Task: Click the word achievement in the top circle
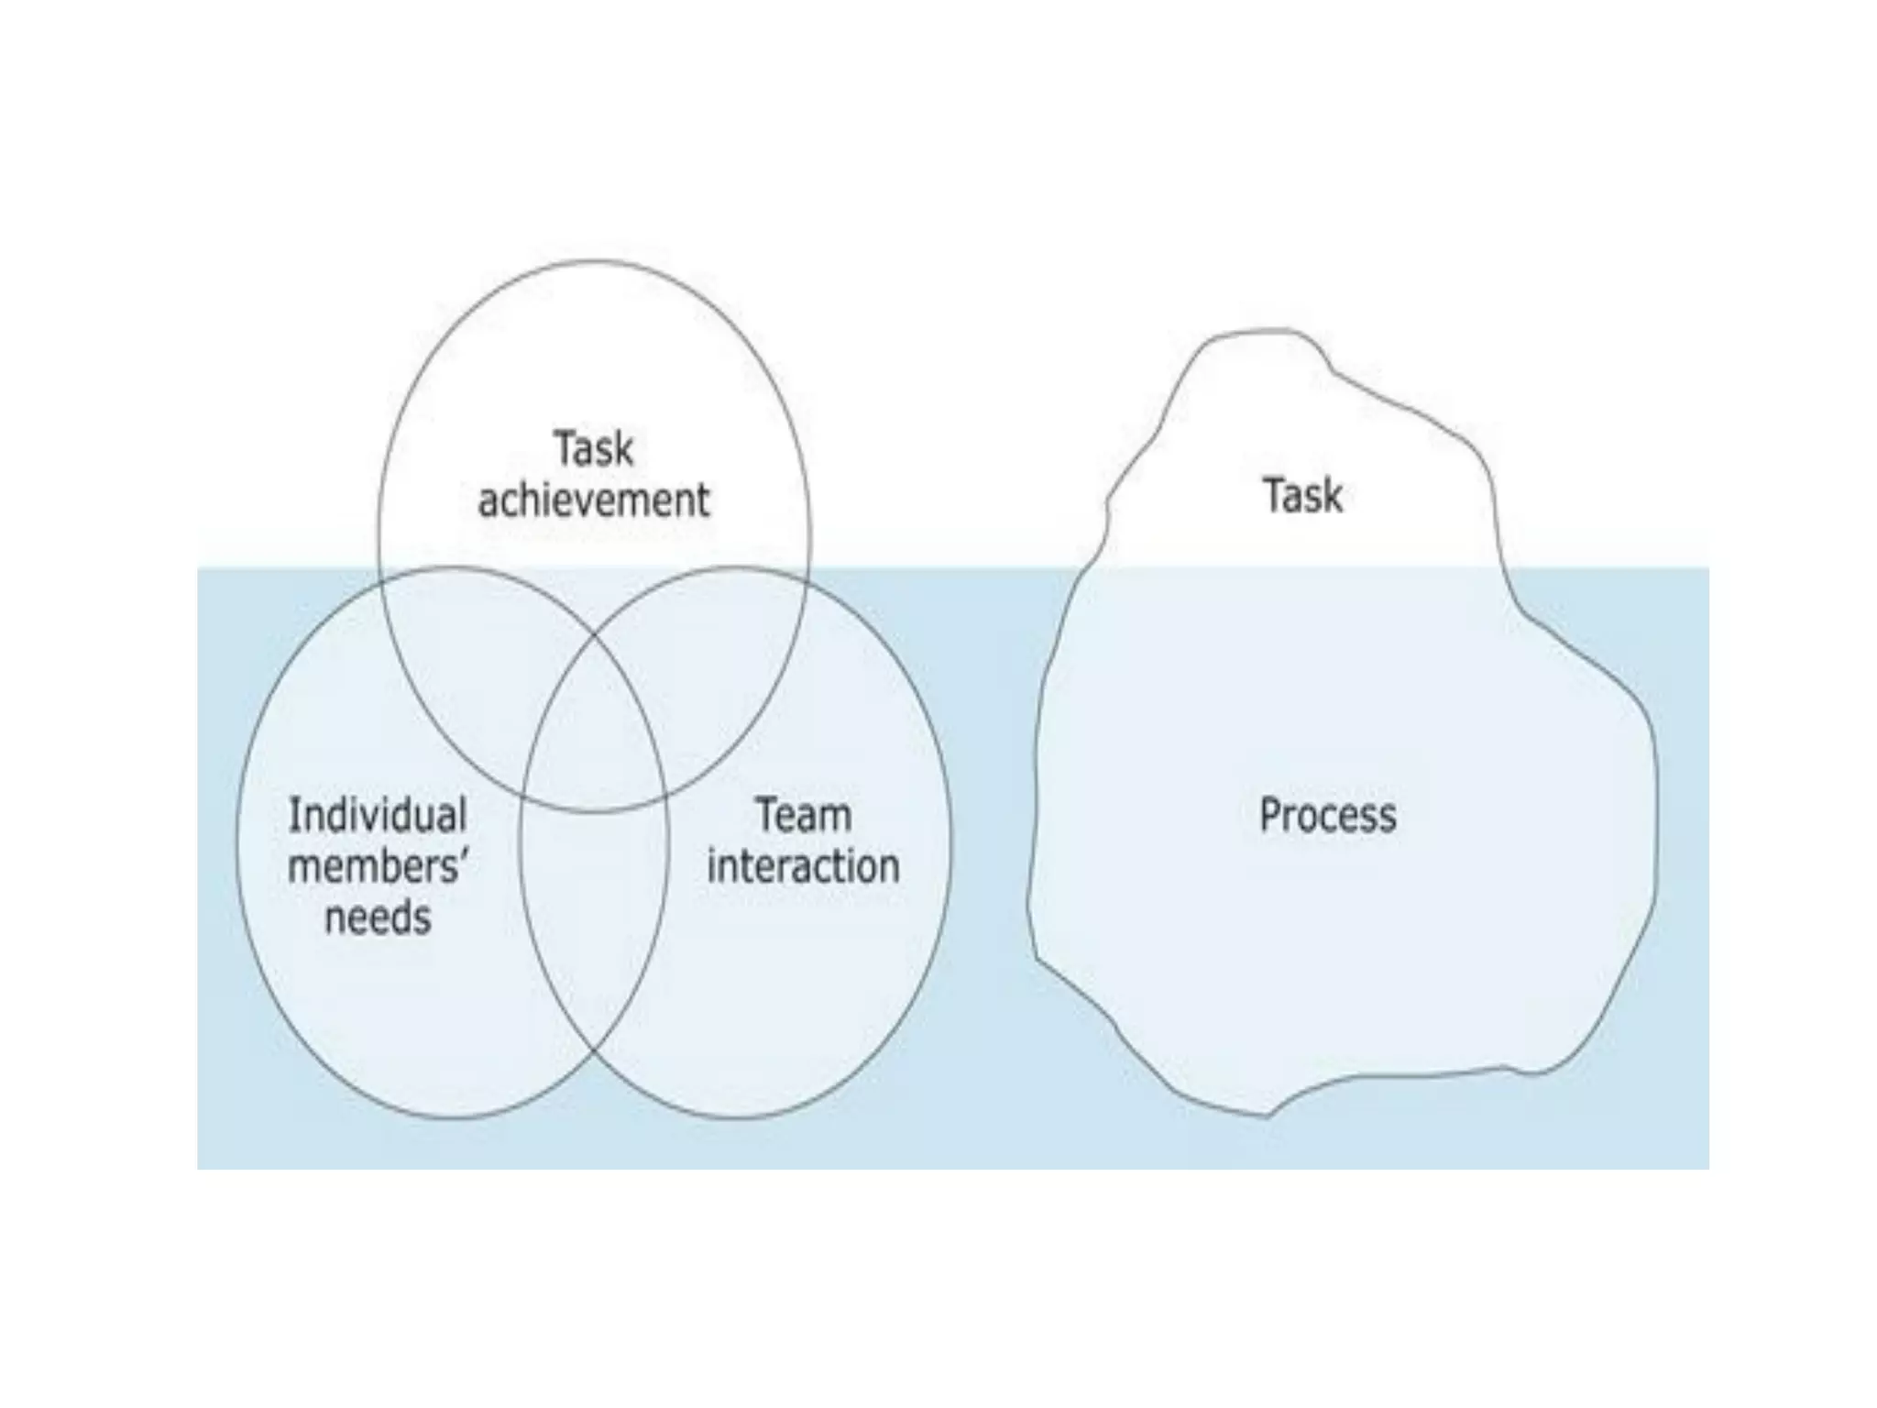tap(594, 500)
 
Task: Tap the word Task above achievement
tap(594, 449)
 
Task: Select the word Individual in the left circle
tap(378, 815)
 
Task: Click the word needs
tap(378, 918)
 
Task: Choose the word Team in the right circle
tap(804, 815)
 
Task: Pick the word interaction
tap(804, 866)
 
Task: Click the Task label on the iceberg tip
tap(1302, 496)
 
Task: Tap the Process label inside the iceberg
tap(1328, 815)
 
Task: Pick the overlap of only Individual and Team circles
tap(594, 917)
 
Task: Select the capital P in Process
tap(1270, 815)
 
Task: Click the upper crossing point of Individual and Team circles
tap(594, 633)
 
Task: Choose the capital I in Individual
tap(293, 815)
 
